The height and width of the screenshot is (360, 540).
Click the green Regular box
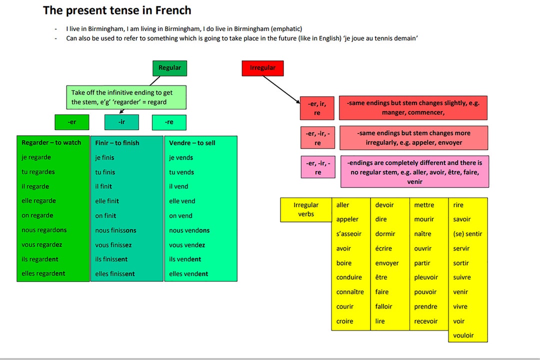pyautogui.click(x=169, y=68)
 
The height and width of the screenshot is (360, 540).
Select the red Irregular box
pyautogui.click(x=262, y=68)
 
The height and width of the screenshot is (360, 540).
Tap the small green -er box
pyautogui.click(x=72, y=122)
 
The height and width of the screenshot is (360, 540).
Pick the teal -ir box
pyautogui.click(x=121, y=122)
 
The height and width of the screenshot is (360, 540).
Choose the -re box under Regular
pyautogui.click(x=169, y=122)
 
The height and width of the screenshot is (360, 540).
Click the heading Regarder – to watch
pyautogui.click(x=51, y=142)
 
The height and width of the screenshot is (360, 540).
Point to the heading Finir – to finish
pyautogui.click(x=117, y=143)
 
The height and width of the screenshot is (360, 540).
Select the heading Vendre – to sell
pyautogui.click(x=192, y=143)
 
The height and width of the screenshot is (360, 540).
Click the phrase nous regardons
pyautogui.click(x=44, y=230)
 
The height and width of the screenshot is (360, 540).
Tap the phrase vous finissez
pyautogui.click(x=113, y=245)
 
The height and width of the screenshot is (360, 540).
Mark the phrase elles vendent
pyautogui.click(x=188, y=274)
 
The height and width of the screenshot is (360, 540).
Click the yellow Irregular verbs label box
pyautogui.click(x=306, y=209)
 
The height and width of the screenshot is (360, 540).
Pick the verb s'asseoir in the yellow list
pyautogui.click(x=348, y=234)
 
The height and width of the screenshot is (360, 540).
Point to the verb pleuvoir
pyautogui.click(x=425, y=277)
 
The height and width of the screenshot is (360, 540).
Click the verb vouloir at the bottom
pyautogui.click(x=463, y=335)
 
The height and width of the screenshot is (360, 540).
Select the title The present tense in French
pyautogui.click(x=117, y=10)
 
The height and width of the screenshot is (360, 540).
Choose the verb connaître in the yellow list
pyautogui.click(x=350, y=292)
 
